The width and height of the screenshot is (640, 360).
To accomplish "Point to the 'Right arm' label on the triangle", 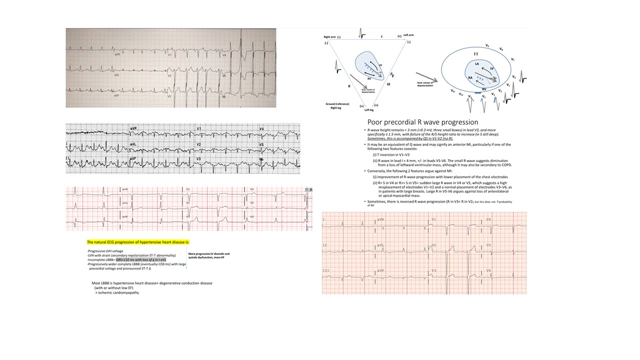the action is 327,37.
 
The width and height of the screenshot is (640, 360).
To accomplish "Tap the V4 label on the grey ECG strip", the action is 262,129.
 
